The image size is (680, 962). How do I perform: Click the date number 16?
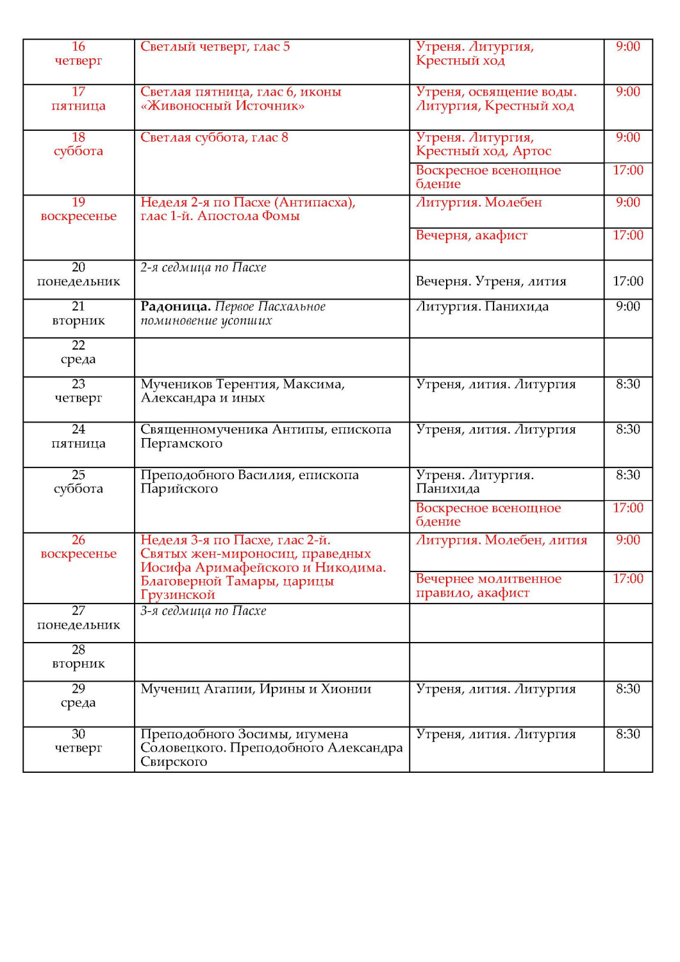tap(78, 47)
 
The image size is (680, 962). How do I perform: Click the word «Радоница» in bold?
tap(175, 307)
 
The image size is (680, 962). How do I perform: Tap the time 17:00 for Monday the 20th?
tap(627, 281)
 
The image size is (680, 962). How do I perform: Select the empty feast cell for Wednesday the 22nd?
tap(272, 357)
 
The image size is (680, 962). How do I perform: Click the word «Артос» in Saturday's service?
tap(532, 151)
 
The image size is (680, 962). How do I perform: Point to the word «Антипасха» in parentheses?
tap(313, 203)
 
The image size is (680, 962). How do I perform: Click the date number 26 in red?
tap(78, 540)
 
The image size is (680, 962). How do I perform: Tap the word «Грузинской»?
tap(178, 595)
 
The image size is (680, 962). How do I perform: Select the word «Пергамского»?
tap(181, 444)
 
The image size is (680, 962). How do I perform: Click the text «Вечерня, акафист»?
tap(471, 235)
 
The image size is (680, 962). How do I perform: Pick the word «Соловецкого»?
tap(182, 748)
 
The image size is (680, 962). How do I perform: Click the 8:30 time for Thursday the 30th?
tap(627, 734)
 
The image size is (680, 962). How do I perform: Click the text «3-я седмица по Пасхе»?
tap(203, 611)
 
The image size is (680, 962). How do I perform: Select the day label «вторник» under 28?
tap(78, 664)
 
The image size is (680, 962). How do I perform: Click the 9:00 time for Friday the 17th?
tap(627, 92)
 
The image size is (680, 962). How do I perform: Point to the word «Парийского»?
tap(179, 489)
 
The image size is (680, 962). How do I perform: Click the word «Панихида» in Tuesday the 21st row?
tap(517, 307)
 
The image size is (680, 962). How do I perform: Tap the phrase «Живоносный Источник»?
tap(222, 106)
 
